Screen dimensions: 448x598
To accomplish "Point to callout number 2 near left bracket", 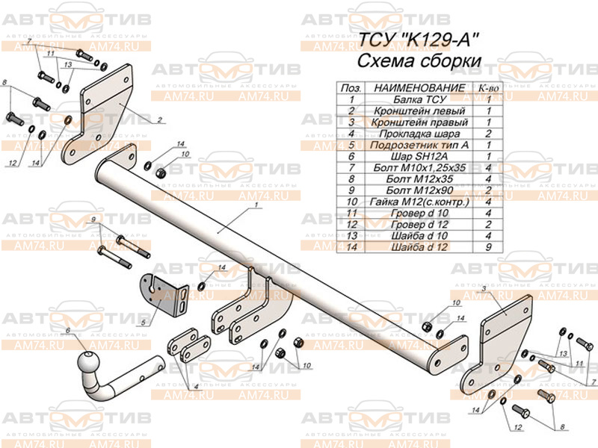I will (x=160, y=119).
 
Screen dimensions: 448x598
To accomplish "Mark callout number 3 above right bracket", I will (x=484, y=288).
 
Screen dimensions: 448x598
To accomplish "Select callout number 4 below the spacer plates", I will (x=197, y=386).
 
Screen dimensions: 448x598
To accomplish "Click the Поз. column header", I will (x=351, y=87).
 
